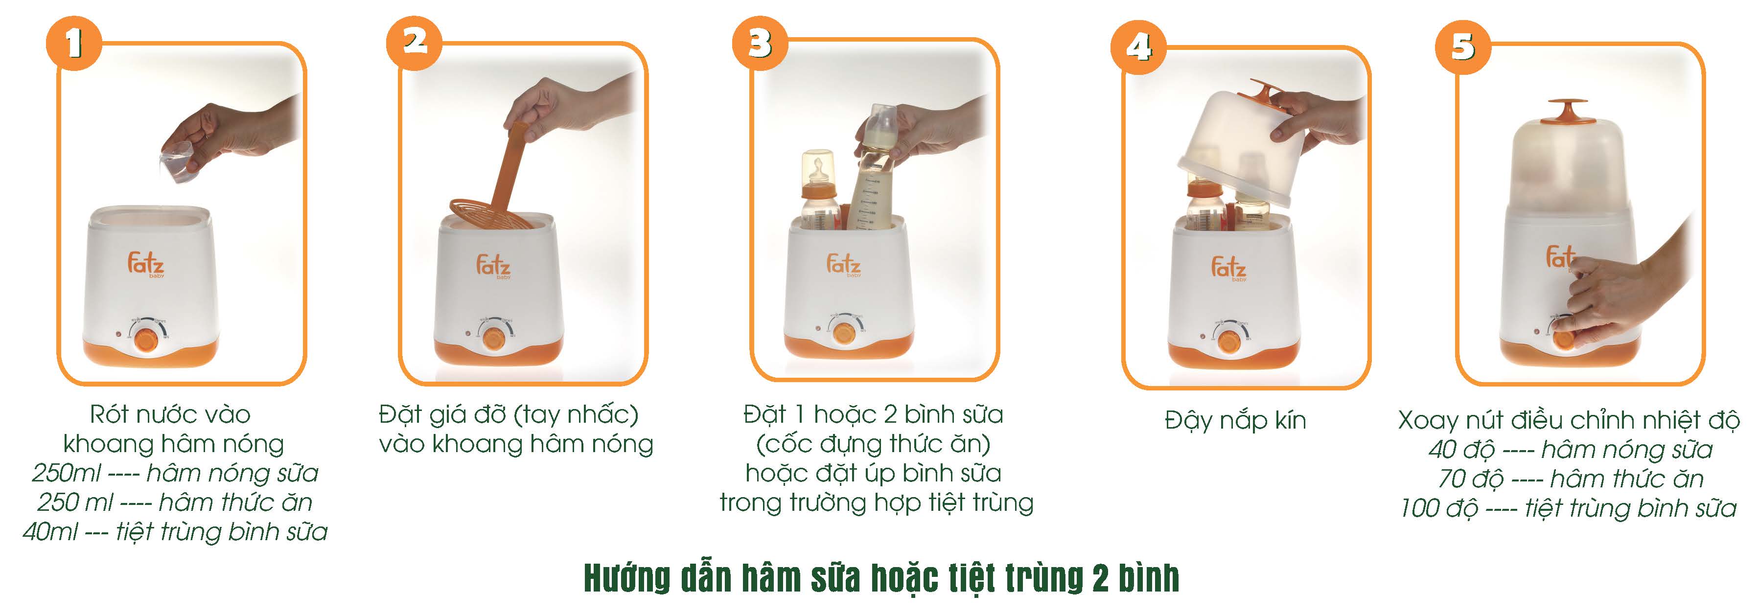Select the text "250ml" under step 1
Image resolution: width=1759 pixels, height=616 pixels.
point(66,473)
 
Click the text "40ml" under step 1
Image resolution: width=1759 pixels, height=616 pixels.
point(50,532)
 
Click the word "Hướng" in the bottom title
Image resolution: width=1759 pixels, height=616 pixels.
point(627,578)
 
